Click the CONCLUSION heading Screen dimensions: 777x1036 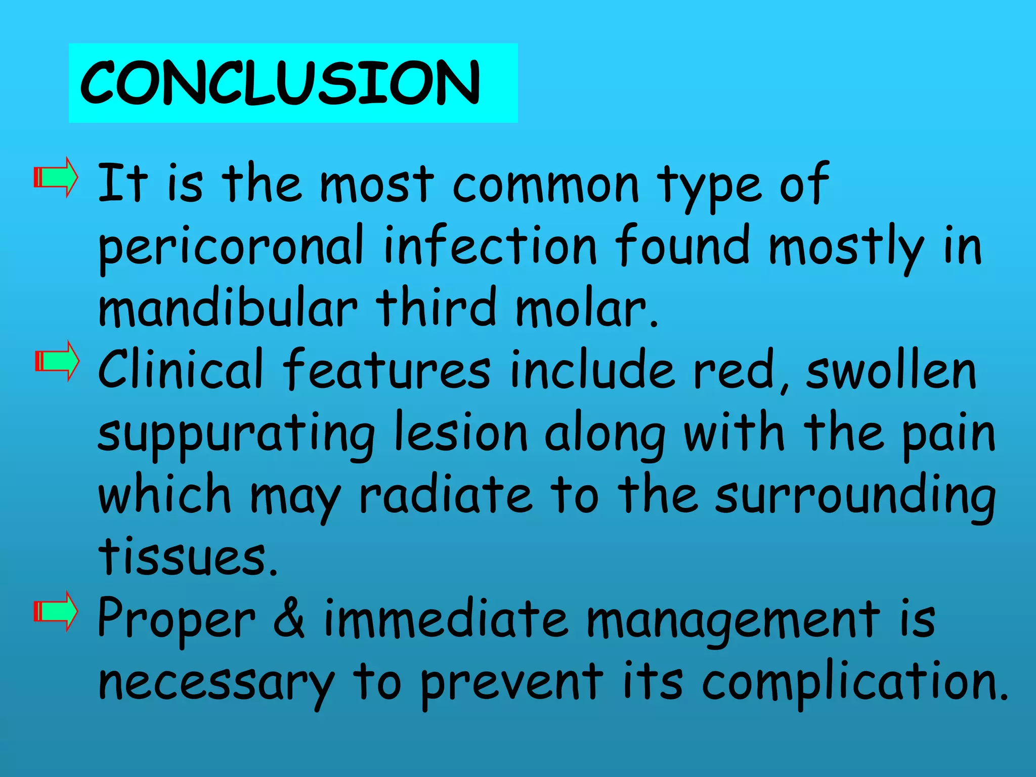(280, 82)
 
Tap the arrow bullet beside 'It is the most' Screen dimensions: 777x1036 (56, 178)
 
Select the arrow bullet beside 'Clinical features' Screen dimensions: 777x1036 (57, 361)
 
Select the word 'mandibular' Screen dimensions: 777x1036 (228, 307)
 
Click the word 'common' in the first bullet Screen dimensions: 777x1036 (546, 185)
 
